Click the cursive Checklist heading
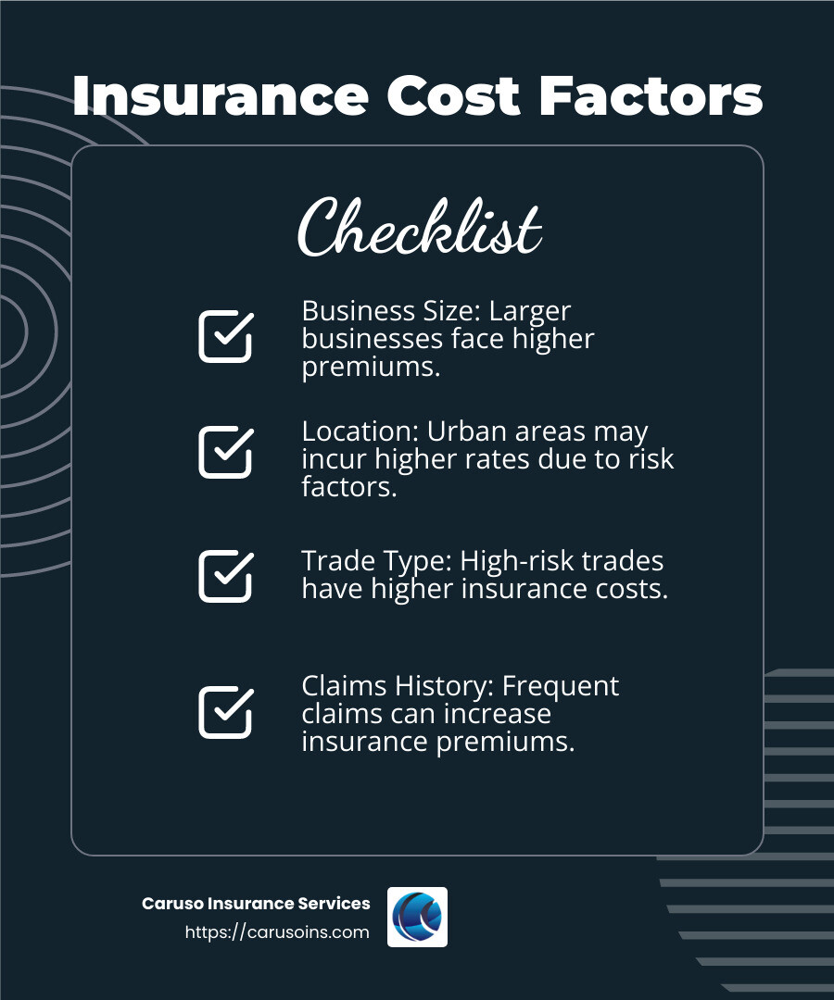point(419,226)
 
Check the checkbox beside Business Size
point(225,336)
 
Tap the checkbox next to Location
point(225,452)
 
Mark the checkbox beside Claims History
point(225,712)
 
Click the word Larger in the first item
point(533,311)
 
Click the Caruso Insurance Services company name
point(256,904)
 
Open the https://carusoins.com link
point(277,932)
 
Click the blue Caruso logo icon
point(417,917)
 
